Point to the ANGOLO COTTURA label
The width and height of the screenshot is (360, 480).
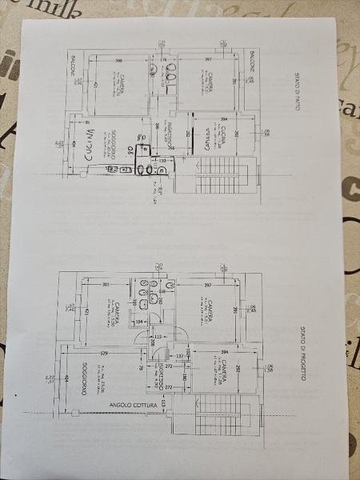133,406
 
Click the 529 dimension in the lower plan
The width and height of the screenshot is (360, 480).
103,352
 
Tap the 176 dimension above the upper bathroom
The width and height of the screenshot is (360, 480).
162,59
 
